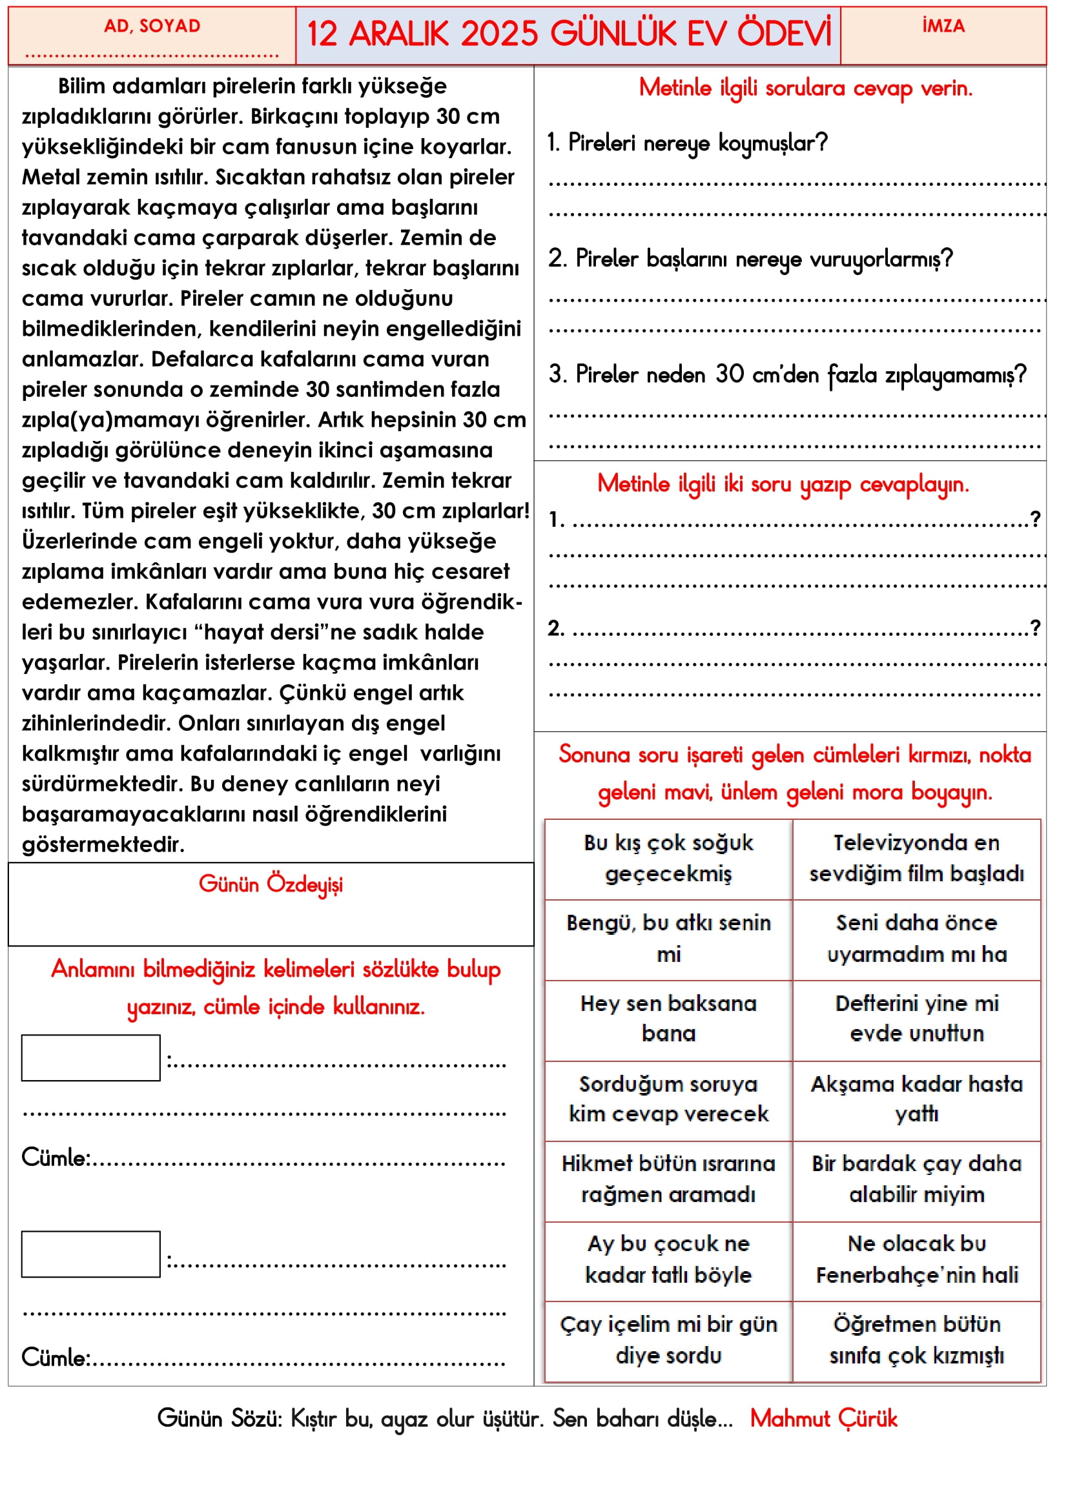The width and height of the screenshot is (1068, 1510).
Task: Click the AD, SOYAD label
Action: pos(152,26)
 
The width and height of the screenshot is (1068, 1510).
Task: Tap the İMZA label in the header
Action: pos(943,26)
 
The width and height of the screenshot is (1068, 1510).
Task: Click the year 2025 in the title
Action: pos(500,34)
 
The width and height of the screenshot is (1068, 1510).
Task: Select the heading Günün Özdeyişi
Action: pos(271,884)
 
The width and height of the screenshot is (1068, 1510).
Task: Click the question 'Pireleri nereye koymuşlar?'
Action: pos(688,143)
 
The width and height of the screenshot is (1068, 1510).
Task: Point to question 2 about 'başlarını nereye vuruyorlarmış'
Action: pos(750,259)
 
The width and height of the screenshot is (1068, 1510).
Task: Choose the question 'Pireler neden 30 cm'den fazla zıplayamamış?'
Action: pos(787,375)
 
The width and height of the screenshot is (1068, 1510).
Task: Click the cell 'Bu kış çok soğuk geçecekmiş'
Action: pos(668,858)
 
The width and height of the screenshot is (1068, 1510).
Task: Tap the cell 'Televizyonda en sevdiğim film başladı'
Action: pos(917,858)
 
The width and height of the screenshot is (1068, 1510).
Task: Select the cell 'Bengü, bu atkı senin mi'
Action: pos(668,939)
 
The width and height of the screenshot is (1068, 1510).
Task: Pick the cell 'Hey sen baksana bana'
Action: pos(668,1019)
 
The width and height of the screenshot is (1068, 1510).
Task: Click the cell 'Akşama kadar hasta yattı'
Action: pos(917,1099)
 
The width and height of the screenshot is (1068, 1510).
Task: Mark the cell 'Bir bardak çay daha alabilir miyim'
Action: pos(917,1179)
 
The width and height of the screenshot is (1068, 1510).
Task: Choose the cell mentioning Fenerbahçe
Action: pos(917,1260)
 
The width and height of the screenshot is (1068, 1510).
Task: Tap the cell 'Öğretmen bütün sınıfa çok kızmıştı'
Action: pos(917,1340)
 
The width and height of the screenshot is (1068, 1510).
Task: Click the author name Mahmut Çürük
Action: pos(823,1418)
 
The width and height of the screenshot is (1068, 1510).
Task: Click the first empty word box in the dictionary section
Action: pos(91,1057)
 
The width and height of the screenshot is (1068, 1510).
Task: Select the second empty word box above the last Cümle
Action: pos(91,1254)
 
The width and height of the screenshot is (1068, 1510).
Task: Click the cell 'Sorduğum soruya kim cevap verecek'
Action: pos(668,1099)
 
